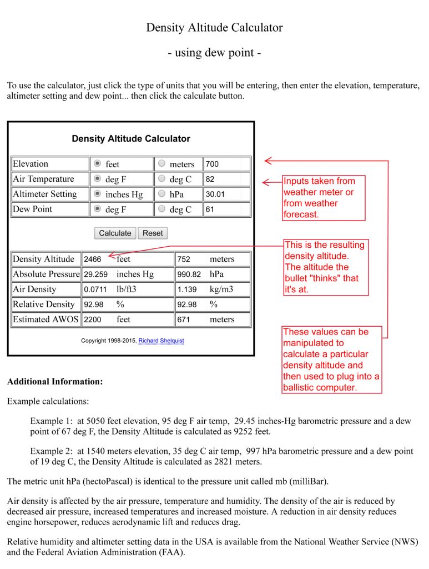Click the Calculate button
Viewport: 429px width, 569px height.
click(x=115, y=233)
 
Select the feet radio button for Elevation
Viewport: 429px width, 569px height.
click(x=97, y=164)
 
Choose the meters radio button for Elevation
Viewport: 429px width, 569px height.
click(x=161, y=164)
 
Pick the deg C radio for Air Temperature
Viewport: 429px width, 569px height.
click(x=161, y=179)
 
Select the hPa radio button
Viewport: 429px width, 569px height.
click(x=161, y=194)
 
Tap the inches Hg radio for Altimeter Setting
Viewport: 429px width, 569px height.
click(x=97, y=194)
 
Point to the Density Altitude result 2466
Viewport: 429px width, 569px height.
click(x=93, y=259)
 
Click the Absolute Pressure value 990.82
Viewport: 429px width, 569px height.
click(x=189, y=274)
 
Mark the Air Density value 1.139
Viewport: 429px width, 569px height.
click(x=187, y=290)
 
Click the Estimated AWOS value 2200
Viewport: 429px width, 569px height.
click(x=93, y=320)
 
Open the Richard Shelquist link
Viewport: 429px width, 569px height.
click(x=161, y=341)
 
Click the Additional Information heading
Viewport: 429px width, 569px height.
click(x=55, y=382)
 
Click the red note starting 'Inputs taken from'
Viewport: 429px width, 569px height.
click(x=323, y=198)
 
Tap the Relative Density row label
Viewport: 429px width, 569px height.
click(x=44, y=305)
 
